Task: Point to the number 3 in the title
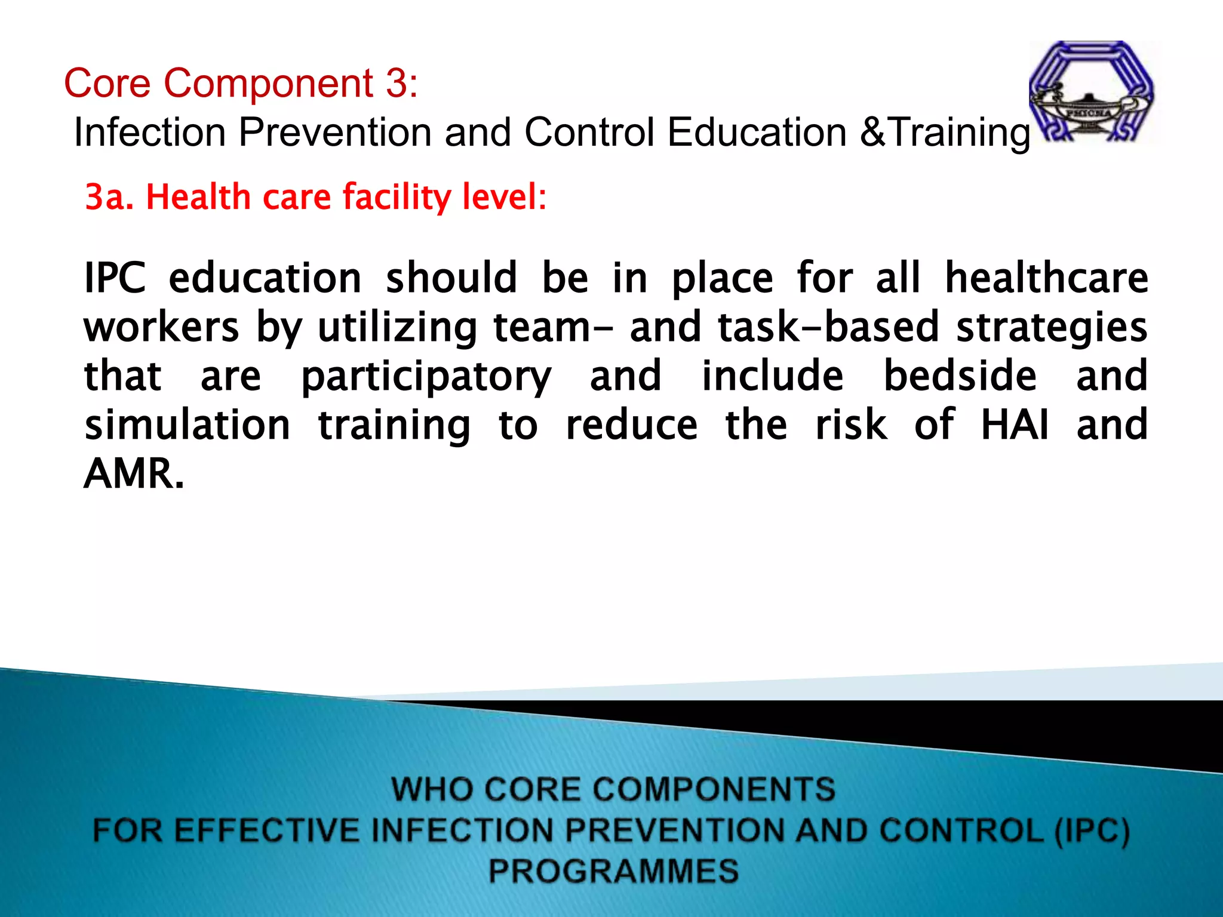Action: [x=397, y=83]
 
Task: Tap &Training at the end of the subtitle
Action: [x=946, y=133]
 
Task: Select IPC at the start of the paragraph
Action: [x=115, y=278]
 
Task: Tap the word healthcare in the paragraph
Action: [x=1046, y=278]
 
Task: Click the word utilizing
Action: [x=397, y=328]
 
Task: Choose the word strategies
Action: [x=1052, y=328]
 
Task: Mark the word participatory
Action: [x=426, y=377]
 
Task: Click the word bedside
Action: [x=960, y=376]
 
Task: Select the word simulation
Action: [x=188, y=425]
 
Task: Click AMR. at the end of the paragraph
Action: [x=134, y=474]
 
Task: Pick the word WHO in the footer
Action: [x=430, y=789]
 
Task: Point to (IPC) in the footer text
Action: [x=1092, y=831]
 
